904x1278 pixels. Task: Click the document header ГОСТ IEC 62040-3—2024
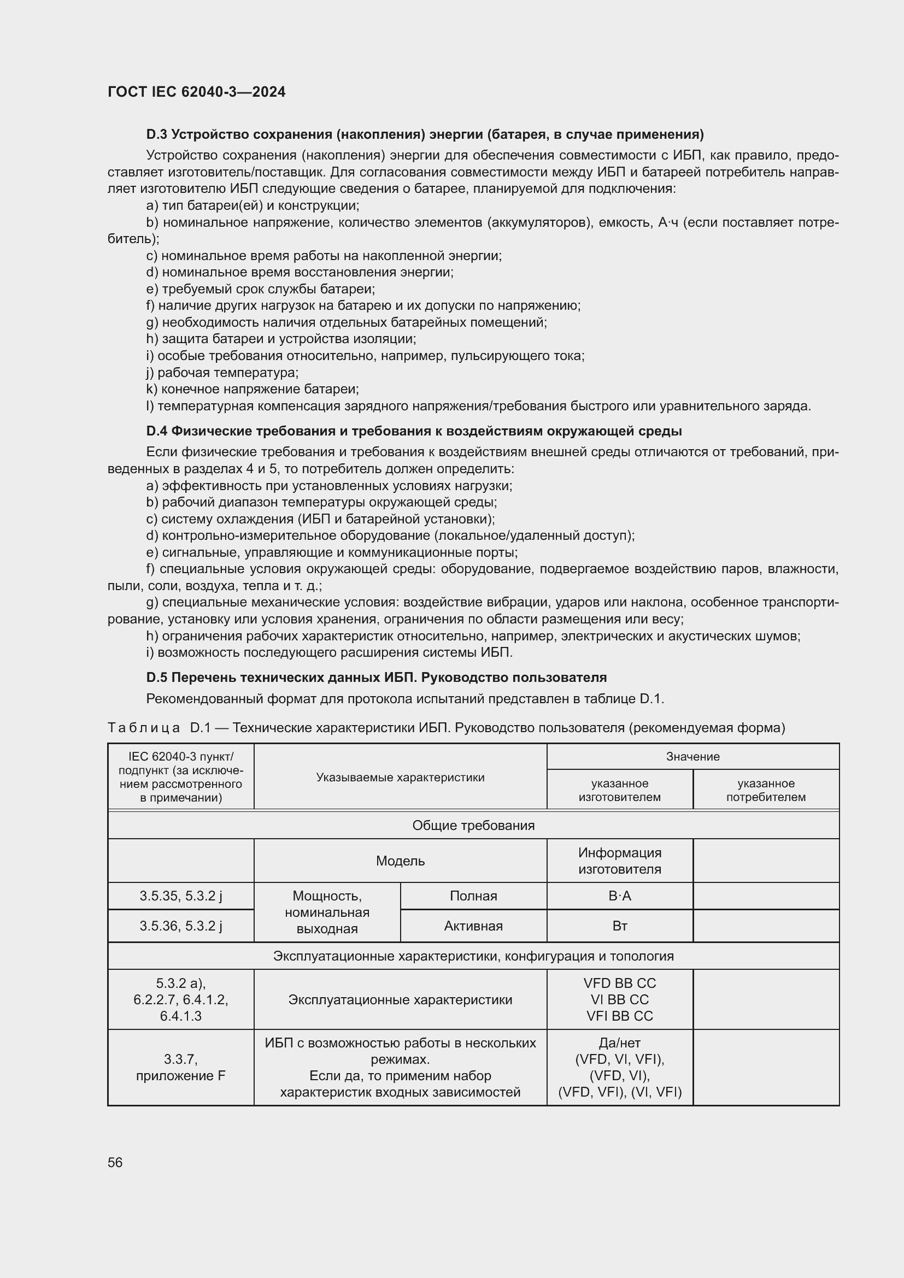196,92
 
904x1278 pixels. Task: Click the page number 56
115,1162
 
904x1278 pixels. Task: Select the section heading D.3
424,134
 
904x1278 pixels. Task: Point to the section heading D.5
375,678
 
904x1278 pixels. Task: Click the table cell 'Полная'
473,896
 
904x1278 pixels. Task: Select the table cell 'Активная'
473,926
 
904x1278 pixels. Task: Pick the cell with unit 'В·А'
620,896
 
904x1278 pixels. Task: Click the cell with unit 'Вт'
620,926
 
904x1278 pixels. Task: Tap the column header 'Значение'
692,756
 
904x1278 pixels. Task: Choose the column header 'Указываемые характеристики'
400,777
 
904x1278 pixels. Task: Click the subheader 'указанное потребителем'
765,790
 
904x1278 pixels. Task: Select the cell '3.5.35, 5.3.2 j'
181,896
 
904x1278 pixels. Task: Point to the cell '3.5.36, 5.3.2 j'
181,926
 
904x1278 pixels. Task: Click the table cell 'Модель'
400,861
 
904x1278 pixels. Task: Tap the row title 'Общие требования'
473,826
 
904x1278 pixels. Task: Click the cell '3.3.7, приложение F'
181,1067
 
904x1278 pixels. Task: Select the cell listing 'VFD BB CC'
620,999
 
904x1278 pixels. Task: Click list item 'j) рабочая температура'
222,373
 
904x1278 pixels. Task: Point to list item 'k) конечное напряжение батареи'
252,389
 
